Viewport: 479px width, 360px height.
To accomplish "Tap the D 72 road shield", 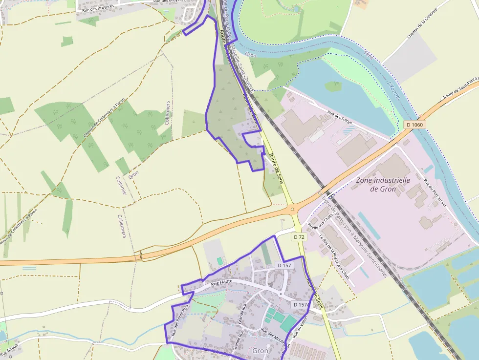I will point(299,236).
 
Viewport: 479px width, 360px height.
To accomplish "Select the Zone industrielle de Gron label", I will point(383,184).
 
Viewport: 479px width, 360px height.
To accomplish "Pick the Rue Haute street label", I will point(221,282).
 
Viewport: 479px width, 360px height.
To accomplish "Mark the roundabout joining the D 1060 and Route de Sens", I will point(293,209).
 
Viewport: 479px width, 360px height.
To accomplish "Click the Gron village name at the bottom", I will point(261,351).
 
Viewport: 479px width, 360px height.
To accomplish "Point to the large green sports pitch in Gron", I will point(288,323).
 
